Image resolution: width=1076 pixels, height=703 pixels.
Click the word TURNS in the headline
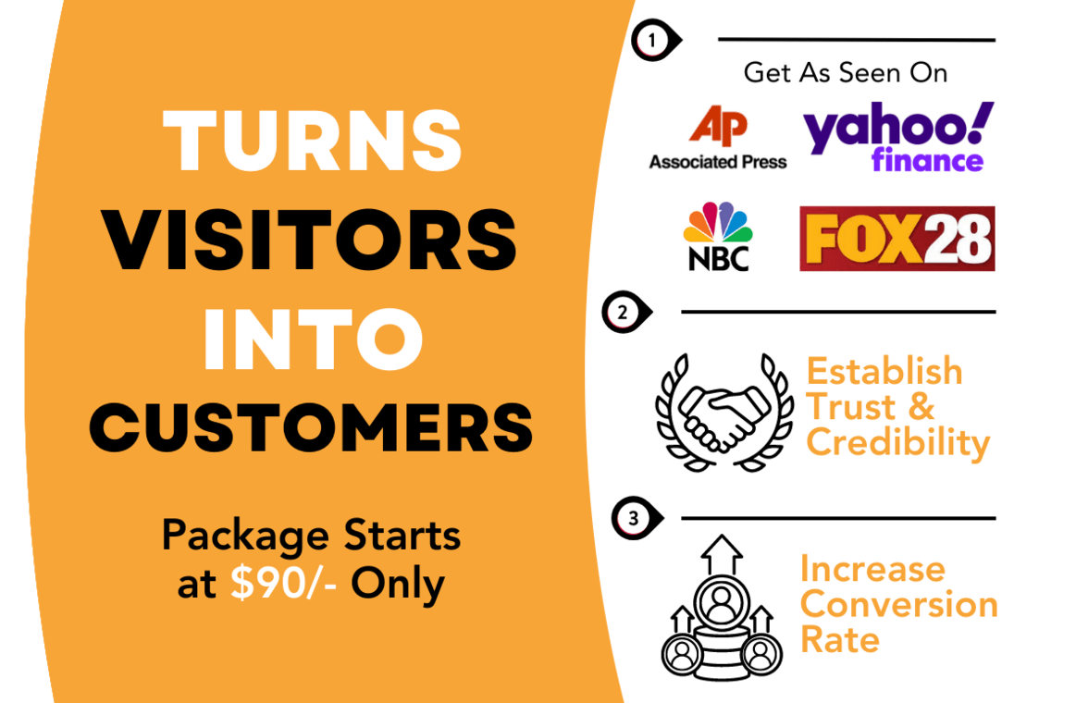[x=313, y=141]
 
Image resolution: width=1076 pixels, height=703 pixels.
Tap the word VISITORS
[x=310, y=240]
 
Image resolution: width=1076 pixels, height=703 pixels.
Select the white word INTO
[x=313, y=339]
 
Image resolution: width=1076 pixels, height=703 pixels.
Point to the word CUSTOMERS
[x=311, y=428]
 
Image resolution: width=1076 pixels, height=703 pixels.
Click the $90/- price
[x=283, y=584]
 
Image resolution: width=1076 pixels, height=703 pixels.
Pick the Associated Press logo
[x=718, y=137]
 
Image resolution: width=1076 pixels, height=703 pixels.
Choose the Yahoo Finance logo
[x=898, y=137]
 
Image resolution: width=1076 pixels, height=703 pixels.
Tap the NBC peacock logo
[x=718, y=236]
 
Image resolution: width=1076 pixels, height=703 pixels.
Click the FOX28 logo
[x=897, y=239]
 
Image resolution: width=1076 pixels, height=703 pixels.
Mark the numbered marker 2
[x=625, y=313]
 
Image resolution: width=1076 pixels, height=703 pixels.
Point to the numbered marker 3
[x=636, y=518]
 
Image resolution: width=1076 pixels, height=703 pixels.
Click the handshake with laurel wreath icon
[x=724, y=413]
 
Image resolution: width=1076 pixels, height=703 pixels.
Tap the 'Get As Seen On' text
[x=846, y=73]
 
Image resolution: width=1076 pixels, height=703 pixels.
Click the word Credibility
[x=898, y=443]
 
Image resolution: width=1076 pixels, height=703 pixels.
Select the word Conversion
[x=899, y=604]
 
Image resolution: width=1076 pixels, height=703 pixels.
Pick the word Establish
[x=884, y=371]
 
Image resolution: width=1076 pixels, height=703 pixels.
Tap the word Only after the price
[x=398, y=585]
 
